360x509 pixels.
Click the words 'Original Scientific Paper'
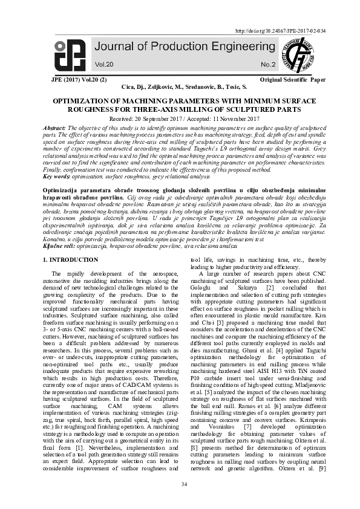292,80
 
